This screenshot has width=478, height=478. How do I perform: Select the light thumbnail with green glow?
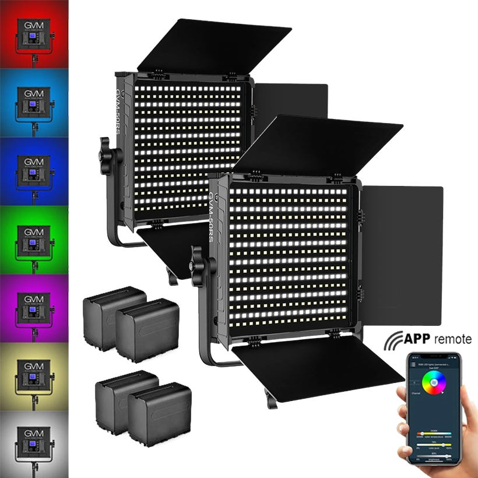[34, 239]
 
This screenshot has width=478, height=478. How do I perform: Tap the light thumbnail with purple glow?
[34, 307]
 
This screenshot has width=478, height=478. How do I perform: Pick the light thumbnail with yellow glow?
[34, 374]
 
